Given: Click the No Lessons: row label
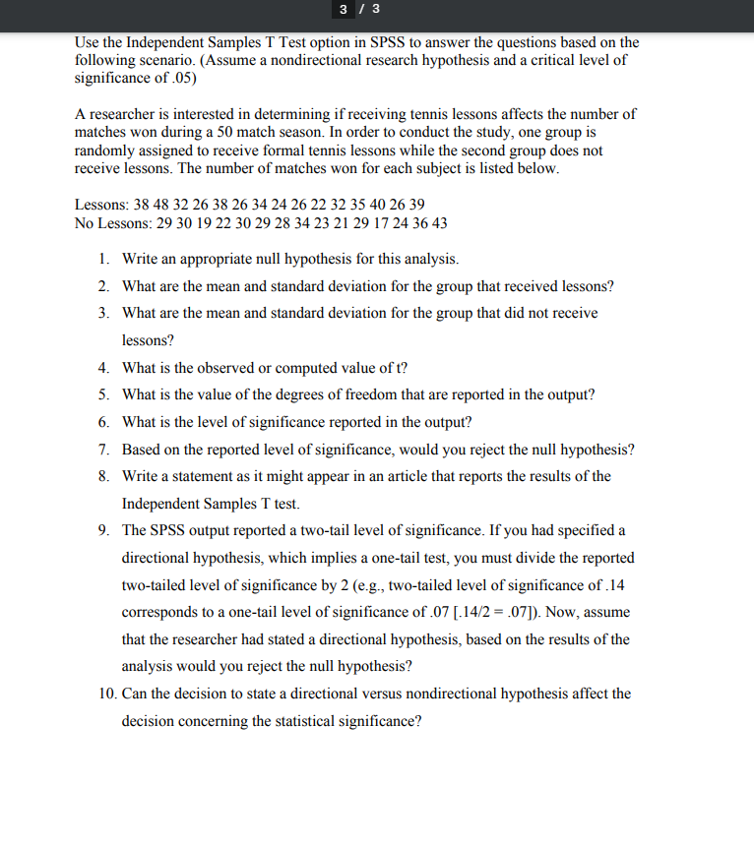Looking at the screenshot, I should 113,223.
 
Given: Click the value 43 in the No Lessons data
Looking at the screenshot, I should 438,223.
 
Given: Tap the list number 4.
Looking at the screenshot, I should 103,368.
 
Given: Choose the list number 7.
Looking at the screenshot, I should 103,450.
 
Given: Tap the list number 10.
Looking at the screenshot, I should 108,694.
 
